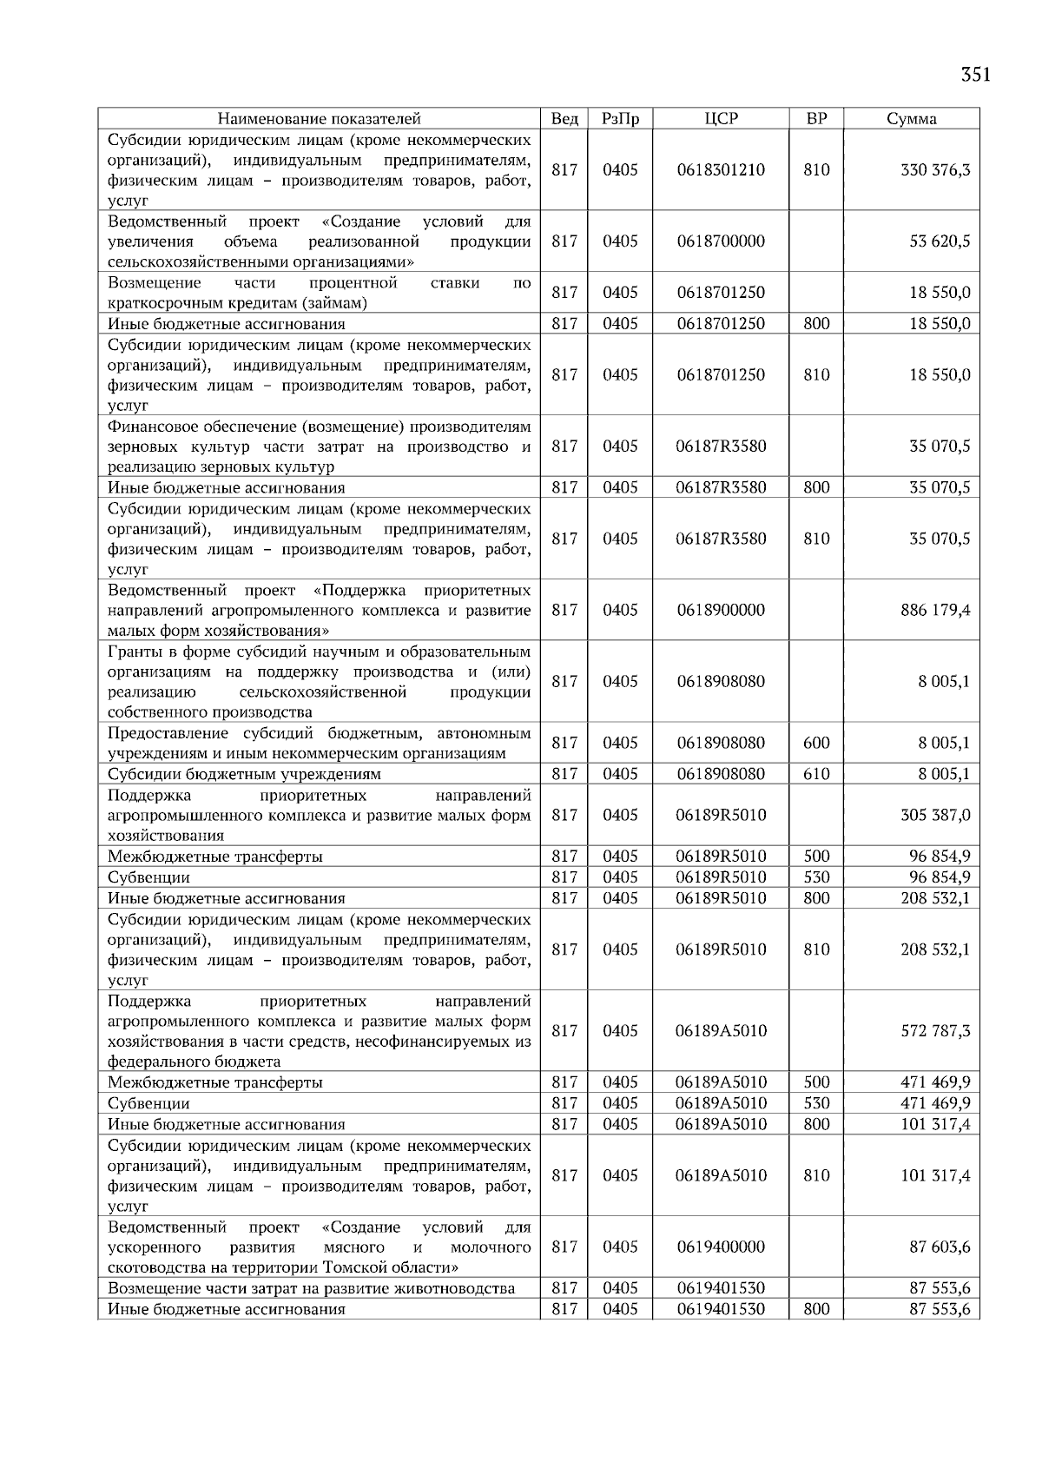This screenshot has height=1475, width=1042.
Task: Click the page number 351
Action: click(976, 75)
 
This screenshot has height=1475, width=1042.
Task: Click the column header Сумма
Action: click(911, 119)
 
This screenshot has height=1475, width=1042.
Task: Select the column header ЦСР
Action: click(721, 119)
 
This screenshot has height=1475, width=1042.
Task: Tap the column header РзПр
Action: click(620, 119)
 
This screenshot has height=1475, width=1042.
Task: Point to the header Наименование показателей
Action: click(319, 119)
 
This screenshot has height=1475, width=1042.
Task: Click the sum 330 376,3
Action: click(935, 170)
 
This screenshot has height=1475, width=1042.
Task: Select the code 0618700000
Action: click(721, 241)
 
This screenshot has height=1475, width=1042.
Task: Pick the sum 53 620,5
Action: click(940, 241)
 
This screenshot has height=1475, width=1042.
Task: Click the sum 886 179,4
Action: click(935, 610)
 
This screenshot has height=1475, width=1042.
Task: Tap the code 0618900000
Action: click(721, 610)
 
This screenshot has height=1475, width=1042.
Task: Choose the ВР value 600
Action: click(816, 743)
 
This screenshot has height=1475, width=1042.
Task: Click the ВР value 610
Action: click(816, 774)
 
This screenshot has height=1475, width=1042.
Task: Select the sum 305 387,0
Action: click(935, 815)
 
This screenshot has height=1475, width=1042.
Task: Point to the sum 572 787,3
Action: click(935, 1031)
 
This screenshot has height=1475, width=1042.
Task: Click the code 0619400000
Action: click(721, 1247)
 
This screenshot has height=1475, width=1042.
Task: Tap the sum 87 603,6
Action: click(940, 1247)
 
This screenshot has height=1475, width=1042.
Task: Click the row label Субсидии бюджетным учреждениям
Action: click(244, 774)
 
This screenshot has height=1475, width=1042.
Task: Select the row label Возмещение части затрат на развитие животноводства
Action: click(311, 1288)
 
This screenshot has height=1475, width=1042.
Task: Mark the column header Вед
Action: click(564, 119)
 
